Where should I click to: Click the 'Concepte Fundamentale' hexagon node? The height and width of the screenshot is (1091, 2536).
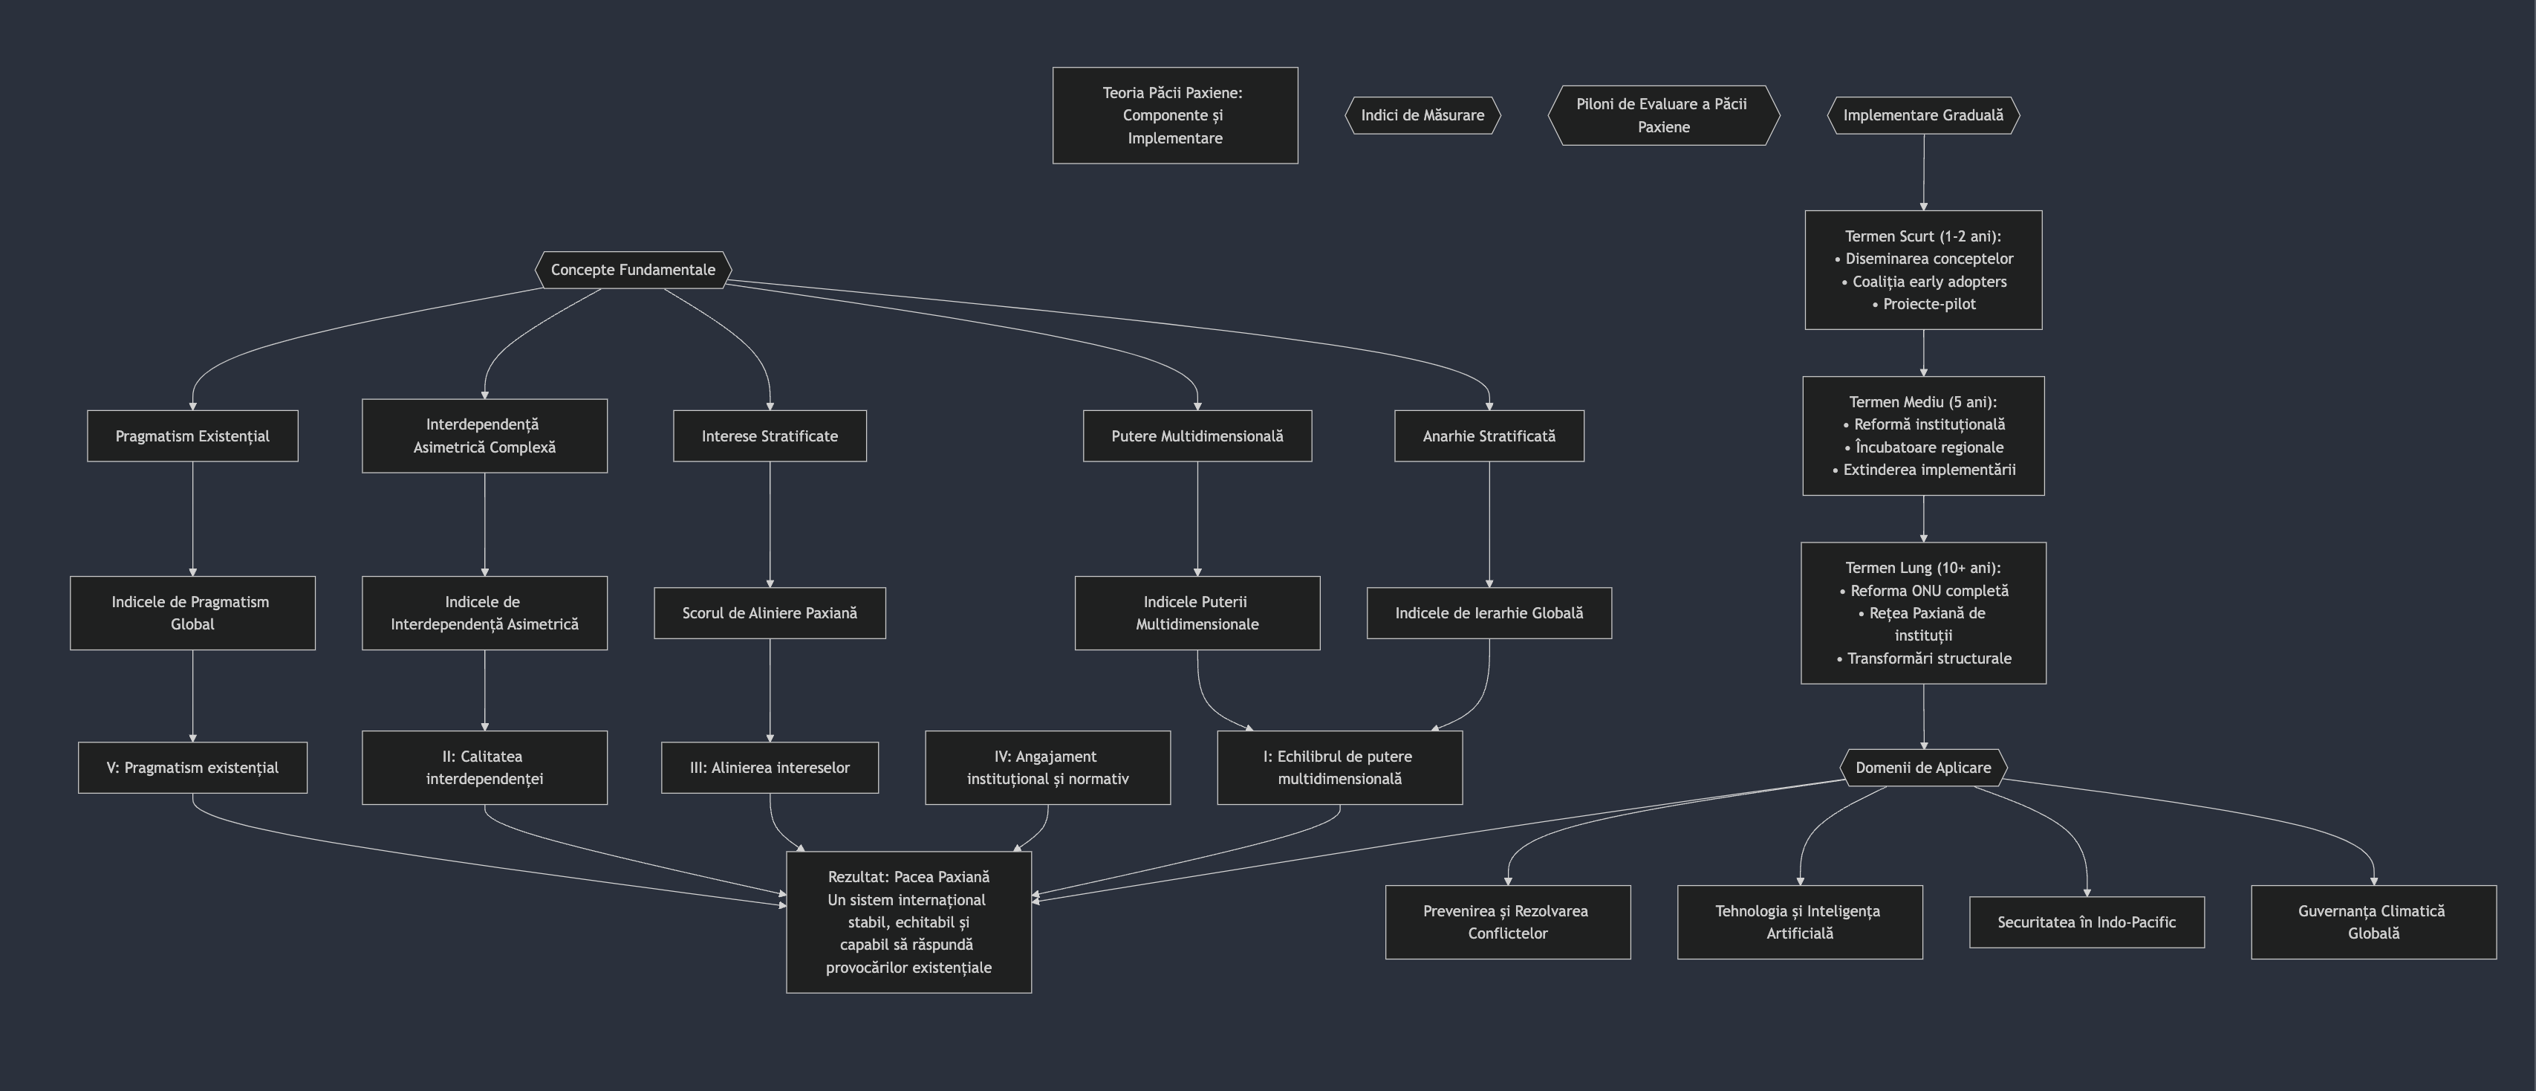[633, 270]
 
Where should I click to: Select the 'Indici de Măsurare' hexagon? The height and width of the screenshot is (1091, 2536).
[1422, 115]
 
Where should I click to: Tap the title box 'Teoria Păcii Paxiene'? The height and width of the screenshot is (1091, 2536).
[1174, 115]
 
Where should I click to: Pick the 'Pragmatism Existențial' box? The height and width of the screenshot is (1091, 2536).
[192, 436]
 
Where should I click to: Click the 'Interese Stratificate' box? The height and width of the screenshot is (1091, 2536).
[769, 436]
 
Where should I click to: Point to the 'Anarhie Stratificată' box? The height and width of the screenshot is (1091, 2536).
[1489, 436]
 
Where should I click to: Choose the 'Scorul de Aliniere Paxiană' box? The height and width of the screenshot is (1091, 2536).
[769, 613]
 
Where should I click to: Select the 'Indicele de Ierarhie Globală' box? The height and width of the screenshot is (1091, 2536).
[1489, 613]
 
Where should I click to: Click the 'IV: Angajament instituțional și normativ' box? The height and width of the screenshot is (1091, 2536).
[1047, 768]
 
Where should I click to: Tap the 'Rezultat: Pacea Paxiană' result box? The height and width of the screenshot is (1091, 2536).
[908, 922]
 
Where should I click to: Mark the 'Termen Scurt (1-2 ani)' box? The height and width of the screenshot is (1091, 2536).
[1922, 269]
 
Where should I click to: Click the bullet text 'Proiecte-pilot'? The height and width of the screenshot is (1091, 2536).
[1928, 304]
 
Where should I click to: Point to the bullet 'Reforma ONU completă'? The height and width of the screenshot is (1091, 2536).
[1928, 591]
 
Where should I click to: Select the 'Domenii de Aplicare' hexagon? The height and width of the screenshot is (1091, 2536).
[1922, 768]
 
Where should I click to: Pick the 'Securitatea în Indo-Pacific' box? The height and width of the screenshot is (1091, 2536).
[2086, 922]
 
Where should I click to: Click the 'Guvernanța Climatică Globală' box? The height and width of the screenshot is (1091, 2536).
[2373, 922]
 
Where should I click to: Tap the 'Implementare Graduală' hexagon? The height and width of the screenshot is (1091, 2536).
[1922, 115]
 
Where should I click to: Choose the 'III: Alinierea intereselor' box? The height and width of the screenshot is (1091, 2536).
[769, 768]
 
